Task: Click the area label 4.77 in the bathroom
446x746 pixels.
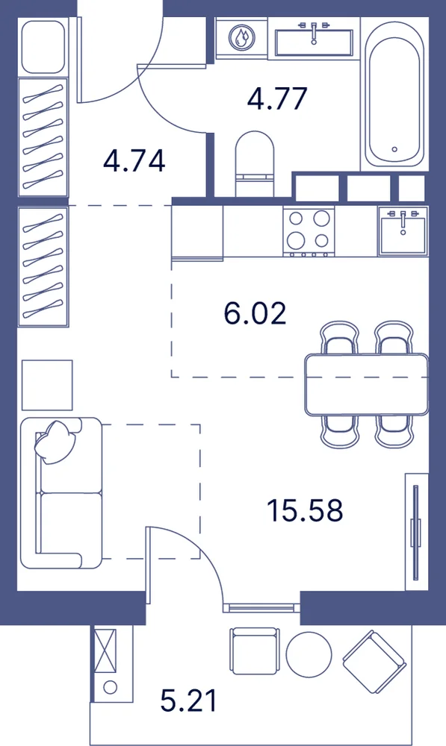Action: (x=277, y=98)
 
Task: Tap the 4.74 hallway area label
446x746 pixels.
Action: (x=134, y=160)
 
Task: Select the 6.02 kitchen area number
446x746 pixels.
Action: (x=255, y=314)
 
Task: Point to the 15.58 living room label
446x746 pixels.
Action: (x=305, y=510)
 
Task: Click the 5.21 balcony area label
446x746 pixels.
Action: (x=189, y=700)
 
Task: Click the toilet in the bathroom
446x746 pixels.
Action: (x=255, y=164)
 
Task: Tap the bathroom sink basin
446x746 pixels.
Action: (x=314, y=40)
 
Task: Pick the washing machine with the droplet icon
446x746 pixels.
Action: (x=241, y=38)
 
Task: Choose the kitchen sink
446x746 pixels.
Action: (x=403, y=231)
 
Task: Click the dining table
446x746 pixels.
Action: (x=366, y=384)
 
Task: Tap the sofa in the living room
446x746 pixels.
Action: (x=62, y=492)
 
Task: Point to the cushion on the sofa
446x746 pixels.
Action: (x=55, y=442)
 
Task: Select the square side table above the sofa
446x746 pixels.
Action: (x=47, y=385)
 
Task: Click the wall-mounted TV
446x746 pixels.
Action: (x=416, y=531)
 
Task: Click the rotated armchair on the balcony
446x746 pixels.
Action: (x=374, y=662)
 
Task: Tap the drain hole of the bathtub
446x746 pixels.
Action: (x=394, y=149)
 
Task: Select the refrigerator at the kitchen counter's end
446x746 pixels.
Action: (x=197, y=233)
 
